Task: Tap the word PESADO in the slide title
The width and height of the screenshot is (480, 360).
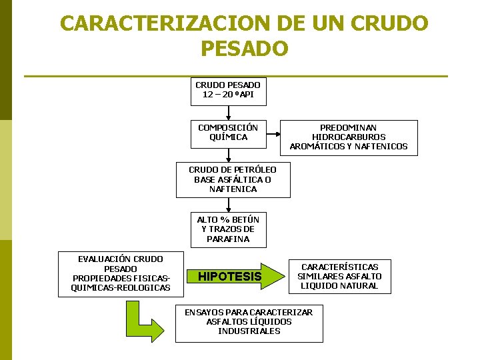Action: (x=243, y=49)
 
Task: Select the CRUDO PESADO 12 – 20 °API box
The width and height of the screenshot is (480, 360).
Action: (x=228, y=90)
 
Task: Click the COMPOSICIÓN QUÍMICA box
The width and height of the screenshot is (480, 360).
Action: (x=228, y=132)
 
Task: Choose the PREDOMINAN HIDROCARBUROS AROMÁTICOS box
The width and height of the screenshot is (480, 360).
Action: (x=349, y=137)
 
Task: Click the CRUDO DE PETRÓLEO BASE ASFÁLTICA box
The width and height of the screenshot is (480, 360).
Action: (x=233, y=179)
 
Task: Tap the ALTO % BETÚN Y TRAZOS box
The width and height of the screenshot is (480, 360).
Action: (x=228, y=229)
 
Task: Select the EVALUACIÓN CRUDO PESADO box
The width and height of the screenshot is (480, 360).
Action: (x=121, y=273)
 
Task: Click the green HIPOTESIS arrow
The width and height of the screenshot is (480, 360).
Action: (x=231, y=276)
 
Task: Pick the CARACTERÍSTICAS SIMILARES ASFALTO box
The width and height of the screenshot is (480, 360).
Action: (x=339, y=276)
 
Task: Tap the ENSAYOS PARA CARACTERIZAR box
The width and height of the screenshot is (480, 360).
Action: (x=249, y=322)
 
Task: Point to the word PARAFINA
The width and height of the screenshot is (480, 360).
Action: (x=228, y=239)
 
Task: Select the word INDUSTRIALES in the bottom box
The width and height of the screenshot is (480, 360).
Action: (x=249, y=331)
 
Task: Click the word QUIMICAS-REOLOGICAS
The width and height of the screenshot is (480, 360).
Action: (x=121, y=288)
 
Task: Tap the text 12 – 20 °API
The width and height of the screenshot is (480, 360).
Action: (x=228, y=95)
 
